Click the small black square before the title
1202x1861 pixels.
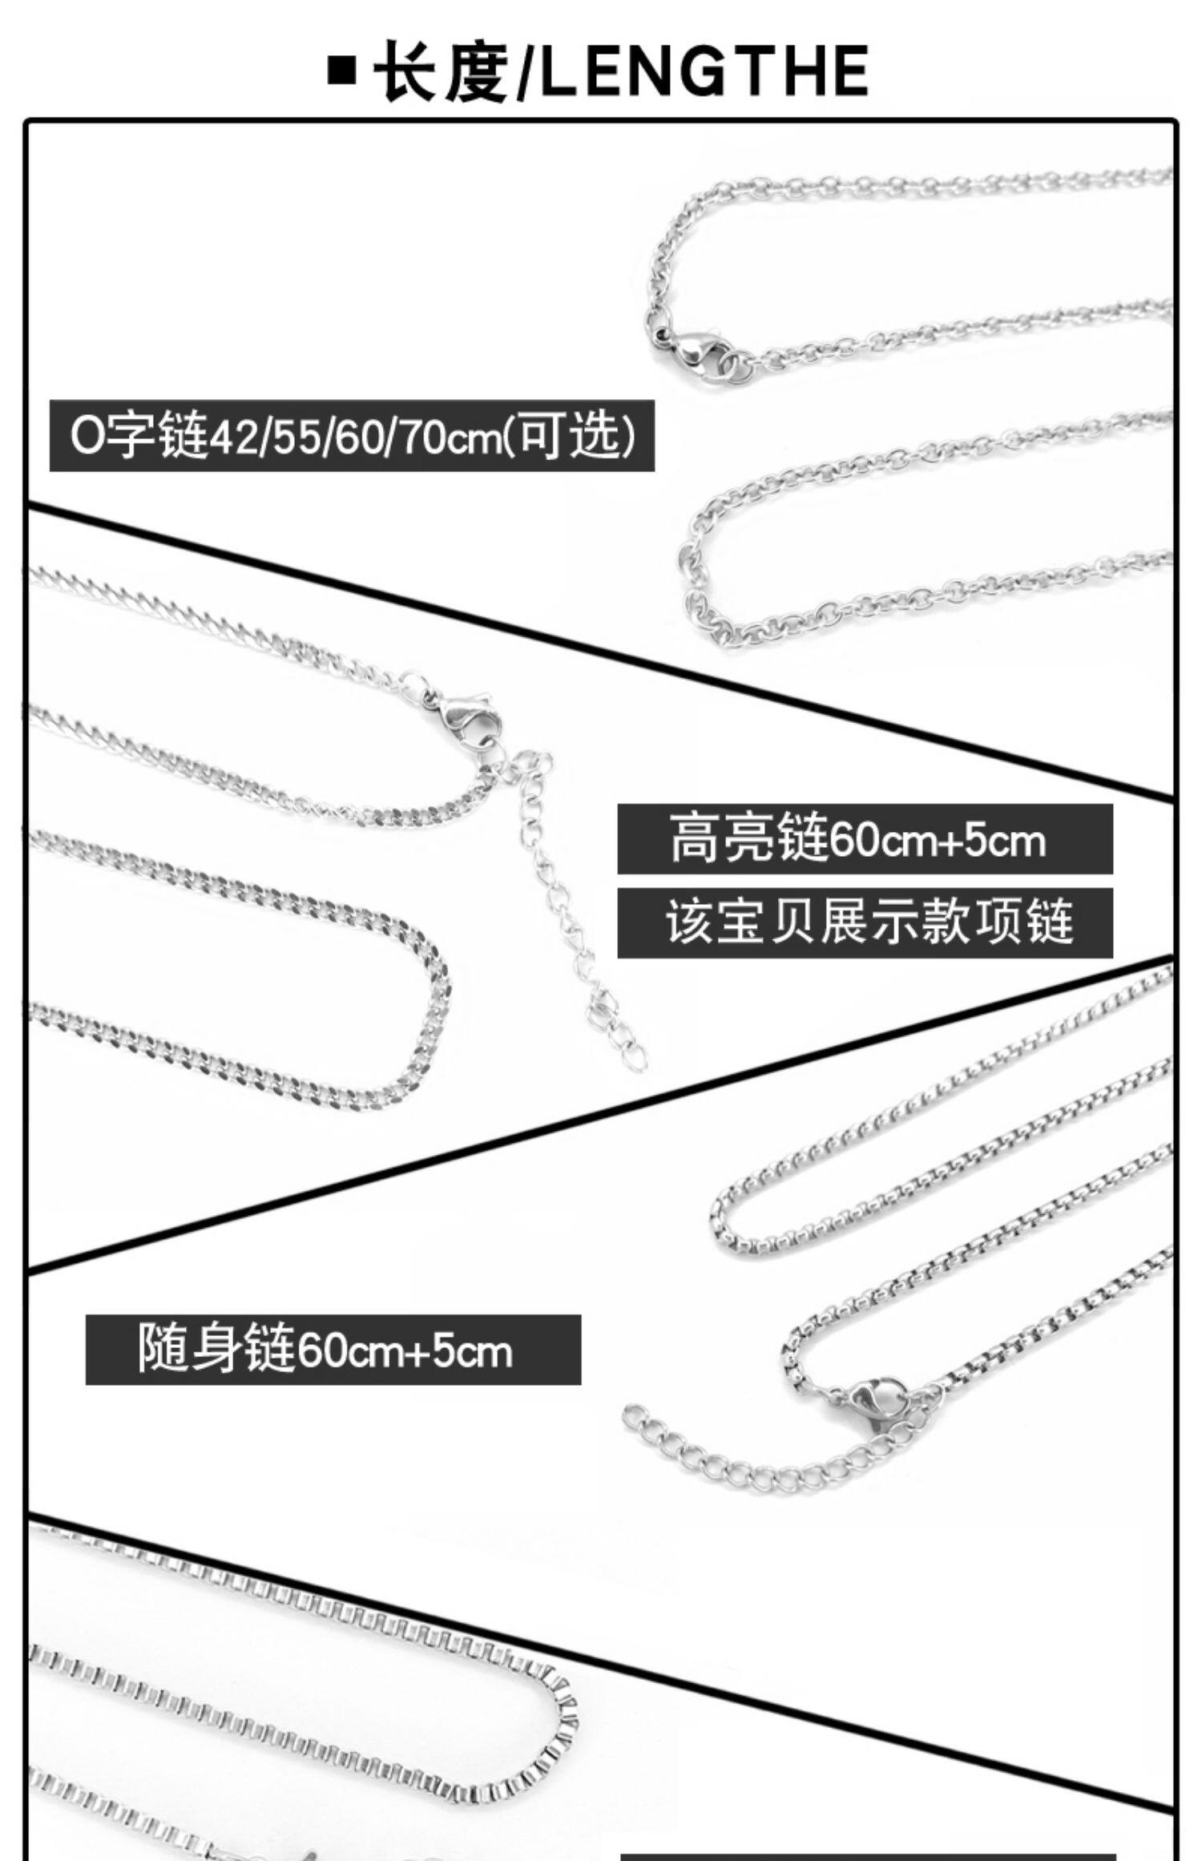[342, 71]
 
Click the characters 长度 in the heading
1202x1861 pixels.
[443, 71]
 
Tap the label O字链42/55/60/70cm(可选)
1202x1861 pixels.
[352, 436]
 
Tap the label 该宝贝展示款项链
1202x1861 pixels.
[864, 923]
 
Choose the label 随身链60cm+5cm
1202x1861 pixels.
[333, 1350]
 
